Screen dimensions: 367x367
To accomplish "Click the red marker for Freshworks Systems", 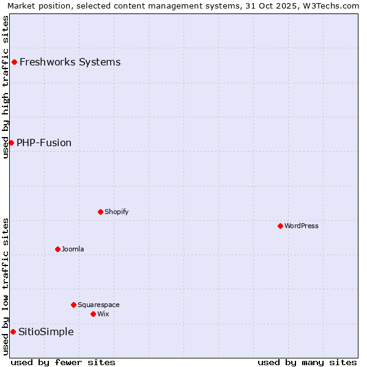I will point(14,62).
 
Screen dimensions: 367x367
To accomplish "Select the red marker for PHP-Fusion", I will point(11,143).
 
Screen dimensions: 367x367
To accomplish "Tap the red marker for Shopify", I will point(100,212).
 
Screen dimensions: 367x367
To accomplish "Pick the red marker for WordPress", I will point(280,226).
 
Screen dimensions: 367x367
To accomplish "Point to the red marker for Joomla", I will point(57,249).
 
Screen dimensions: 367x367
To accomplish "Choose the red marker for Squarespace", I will point(73,305).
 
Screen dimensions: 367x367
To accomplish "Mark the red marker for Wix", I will point(93,314).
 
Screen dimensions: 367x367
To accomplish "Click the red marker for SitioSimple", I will point(13,332).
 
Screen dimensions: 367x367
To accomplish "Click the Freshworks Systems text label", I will point(70,62).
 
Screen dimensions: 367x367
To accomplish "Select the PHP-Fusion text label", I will point(44,143).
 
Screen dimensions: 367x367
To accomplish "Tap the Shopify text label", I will point(116,212).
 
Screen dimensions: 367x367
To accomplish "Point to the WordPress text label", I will point(301,226).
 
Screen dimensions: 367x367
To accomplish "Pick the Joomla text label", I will point(73,249).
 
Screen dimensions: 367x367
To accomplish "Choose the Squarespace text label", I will point(98,305).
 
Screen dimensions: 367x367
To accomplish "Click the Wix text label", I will point(103,314).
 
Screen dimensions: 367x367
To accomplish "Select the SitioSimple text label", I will point(46,332).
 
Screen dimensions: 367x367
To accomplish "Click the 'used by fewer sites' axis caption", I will point(63,362).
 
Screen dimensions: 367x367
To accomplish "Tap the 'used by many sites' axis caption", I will point(307,362).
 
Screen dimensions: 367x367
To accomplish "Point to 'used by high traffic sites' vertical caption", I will point(6,87).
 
